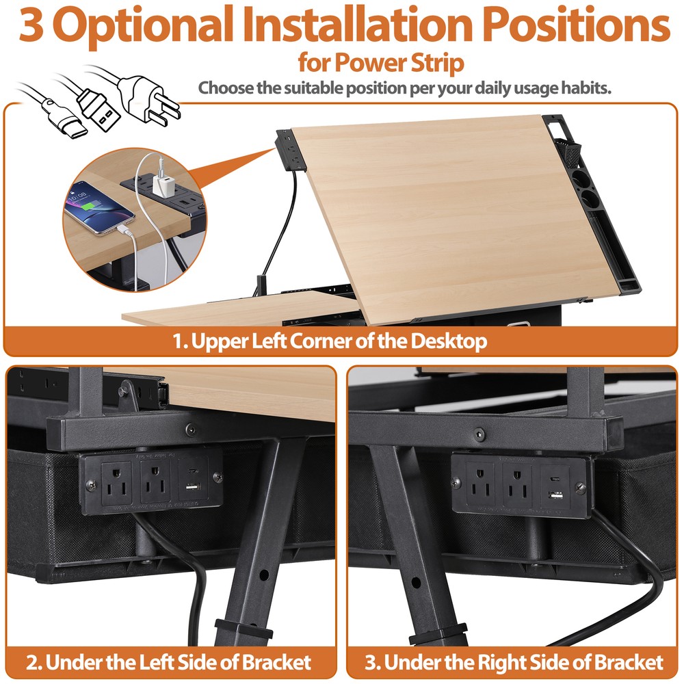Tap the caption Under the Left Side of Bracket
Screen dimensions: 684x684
tap(169, 661)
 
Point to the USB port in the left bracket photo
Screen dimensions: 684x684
tap(193, 486)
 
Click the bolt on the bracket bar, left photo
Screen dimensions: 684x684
tap(189, 431)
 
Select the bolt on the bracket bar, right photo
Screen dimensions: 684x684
tap(479, 434)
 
